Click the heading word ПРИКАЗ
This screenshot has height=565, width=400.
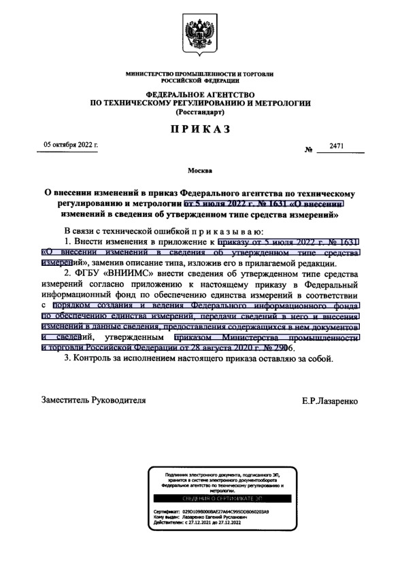point(200,129)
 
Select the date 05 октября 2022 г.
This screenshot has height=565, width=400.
point(71,145)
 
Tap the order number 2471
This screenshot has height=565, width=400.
point(337,146)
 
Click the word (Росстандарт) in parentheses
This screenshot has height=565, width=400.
point(200,111)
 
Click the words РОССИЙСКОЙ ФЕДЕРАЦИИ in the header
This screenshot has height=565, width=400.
point(200,80)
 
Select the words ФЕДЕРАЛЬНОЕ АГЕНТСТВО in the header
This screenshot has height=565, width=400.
point(200,93)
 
